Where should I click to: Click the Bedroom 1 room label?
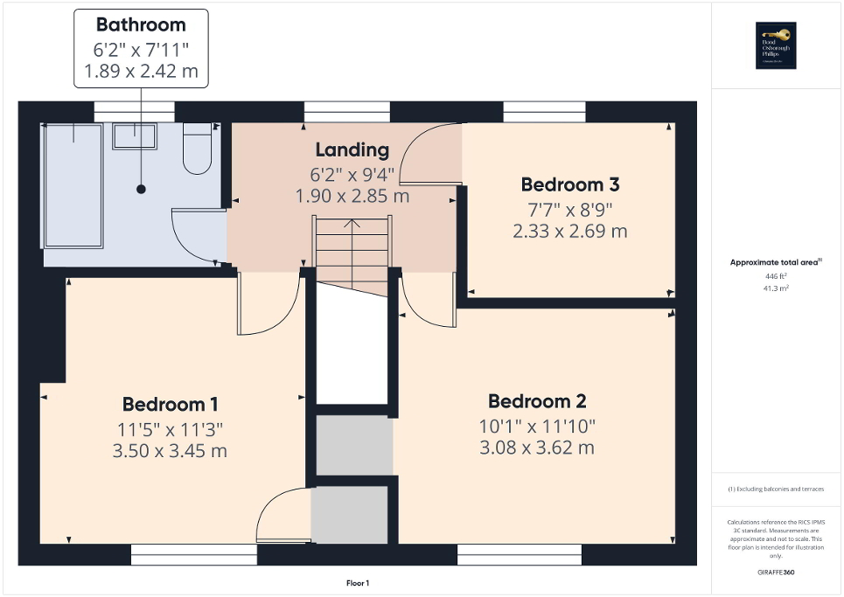pos(170,404)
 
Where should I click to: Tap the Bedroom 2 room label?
pos(537,401)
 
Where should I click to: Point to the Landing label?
pos(352,149)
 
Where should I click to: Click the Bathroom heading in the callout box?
pos(141,24)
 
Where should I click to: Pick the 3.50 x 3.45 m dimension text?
pos(170,451)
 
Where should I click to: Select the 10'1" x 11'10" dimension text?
pos(537,426)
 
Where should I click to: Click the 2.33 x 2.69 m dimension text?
pos(570,232)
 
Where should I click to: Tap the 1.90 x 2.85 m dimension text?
pos(352,196)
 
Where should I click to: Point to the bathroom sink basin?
pos(134,135)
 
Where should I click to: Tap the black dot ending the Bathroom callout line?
pos(141,189)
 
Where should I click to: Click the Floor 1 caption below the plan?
pos(359,583)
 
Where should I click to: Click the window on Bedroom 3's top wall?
pos(545,112)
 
